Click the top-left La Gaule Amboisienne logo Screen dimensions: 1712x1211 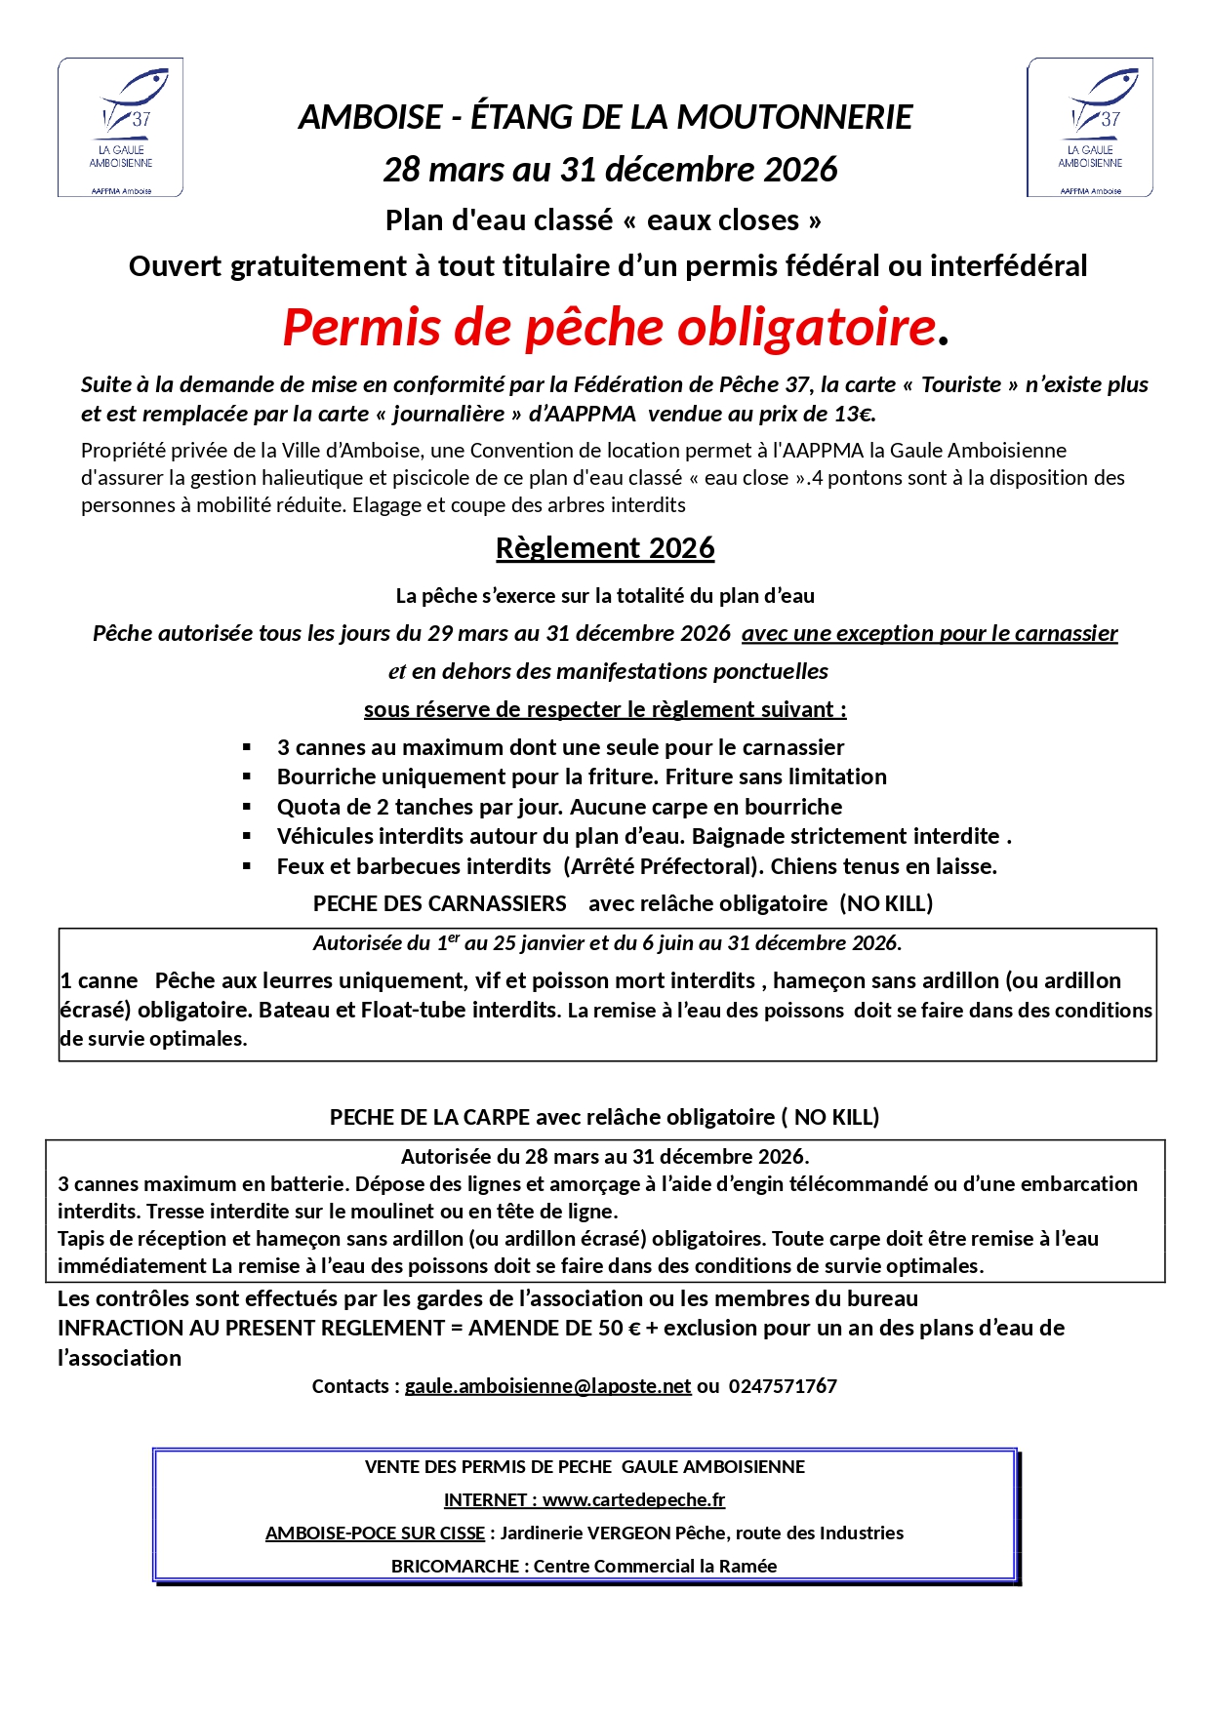point(121,127)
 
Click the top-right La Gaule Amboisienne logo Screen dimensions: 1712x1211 point(1090,127)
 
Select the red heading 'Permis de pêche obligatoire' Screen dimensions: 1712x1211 point(609,327)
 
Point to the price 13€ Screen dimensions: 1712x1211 point(853,414)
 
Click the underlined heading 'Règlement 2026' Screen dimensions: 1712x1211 point(605,548)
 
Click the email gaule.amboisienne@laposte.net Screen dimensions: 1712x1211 point(547,1386)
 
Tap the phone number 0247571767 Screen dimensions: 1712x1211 point(783,1386)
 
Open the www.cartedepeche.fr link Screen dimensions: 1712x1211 point(633,1499)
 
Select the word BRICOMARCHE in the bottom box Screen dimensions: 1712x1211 point(456,1566)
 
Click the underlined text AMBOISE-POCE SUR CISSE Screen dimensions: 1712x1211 point(375,1533)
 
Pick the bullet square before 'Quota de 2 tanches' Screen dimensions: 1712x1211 point(248,808)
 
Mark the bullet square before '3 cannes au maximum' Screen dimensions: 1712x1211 point(248,748)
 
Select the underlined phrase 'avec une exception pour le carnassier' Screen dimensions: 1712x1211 point(929,633)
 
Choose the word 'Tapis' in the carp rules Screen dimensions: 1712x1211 point(82,1238)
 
